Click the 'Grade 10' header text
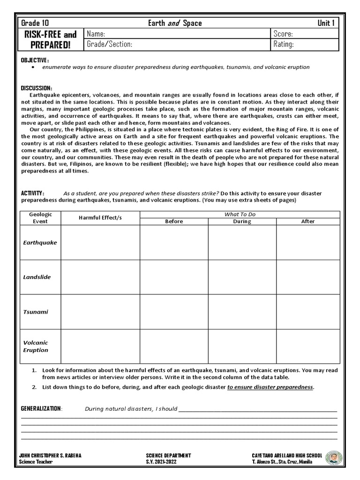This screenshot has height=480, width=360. (36, 23)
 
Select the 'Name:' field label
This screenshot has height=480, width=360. (96, 34)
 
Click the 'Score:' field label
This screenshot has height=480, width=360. (284, 34)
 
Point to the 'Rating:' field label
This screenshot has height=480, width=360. (284, 45)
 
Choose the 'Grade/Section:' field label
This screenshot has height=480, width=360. (110, 45)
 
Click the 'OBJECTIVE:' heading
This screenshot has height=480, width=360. (35, 60)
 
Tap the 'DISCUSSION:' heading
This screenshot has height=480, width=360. (37, 88)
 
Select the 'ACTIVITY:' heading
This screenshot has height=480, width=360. (33, 193)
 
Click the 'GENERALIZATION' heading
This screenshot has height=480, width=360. (41, 408)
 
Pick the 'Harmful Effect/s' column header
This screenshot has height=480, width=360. (100, 218)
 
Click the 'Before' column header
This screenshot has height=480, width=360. (174, 221)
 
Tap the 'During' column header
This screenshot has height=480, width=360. (242, 221)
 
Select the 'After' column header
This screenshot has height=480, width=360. (308, 221)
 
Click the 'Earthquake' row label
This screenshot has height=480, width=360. (40, 242)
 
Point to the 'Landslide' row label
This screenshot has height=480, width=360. (37, 277)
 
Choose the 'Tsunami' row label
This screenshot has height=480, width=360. (36, 312)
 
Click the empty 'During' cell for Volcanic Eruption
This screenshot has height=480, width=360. (242, 346)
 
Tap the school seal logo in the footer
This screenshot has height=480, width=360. (334, 458)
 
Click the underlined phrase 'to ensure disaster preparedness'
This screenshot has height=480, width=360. (270, 387)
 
